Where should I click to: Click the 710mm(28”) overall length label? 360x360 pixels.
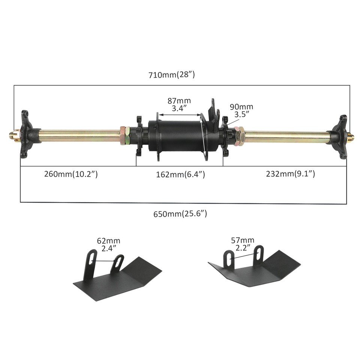pyautogui.click(x=172, y=75)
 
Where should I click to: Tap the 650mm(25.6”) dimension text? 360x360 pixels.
pyautogui.click(x=180, y=214)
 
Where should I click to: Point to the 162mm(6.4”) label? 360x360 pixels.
pyautogui.click(x=180, y=174)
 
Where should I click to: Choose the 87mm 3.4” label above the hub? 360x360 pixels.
pyautogui.click(x=179, y=105)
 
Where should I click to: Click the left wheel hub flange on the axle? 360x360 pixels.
pyautogui.click(x=27, y=134)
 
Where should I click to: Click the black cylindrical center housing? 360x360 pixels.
pyautogui.click(x=176, y=136)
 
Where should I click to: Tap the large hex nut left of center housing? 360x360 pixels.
pyautogui.click(x=125, y=136)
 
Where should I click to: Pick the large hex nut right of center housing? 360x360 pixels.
pyautogui.click(x=239, y=136)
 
